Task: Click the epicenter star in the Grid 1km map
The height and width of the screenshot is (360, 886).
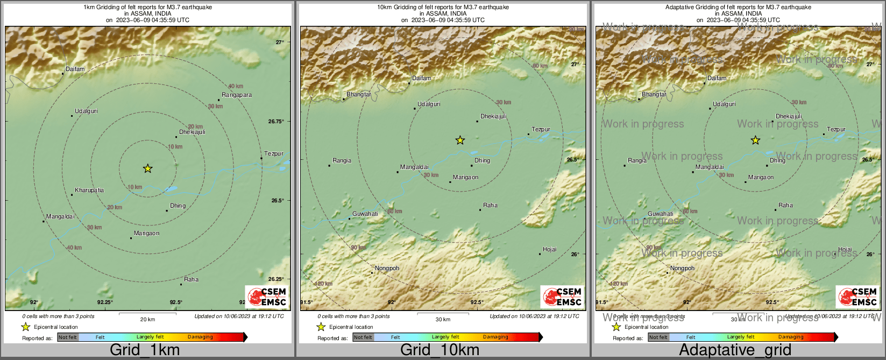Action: pyautogui.click(x=148, y=168)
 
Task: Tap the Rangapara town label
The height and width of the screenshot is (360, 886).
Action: pyautogui.click(x=237, y=95)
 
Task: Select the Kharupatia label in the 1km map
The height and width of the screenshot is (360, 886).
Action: pyautogui.click(x=89, y=190)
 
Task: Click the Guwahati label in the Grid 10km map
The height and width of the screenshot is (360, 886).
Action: pyautogui.click(x=365, y=214)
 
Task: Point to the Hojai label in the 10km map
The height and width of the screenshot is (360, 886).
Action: pyautogui.click(x=549, y=250)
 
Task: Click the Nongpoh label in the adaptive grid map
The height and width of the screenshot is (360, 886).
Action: pyautogui.click(x=682, y=269)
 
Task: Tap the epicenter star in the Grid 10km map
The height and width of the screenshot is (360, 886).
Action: pyautogui.click(x=460, y=140)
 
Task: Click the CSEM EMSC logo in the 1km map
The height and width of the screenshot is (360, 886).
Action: pyautogui.click(x=267, y=297)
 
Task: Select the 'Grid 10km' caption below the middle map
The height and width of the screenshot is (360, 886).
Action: pyautogui.click(x=440, y=350)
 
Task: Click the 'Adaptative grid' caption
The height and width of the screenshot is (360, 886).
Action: pyautogui.click(x=735, y=350)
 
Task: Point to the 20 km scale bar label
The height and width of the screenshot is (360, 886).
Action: pyautogui.click(x=147, y=320)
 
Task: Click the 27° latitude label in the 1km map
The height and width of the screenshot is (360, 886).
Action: pyautogui.click(x=280, y=43)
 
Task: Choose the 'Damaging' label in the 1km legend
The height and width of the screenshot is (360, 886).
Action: pyautogui.click(x=200, y=337)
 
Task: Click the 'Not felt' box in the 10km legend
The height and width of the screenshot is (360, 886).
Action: pyautogui.click(x=363, y=337)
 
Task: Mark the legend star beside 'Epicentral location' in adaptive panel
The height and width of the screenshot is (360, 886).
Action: pyautogui.click(x=616, y=327)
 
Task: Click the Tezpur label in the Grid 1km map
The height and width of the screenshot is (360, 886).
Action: pyautogui.click(x=274, y=154)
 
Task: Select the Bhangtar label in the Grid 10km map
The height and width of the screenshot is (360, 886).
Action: pyautogui.click(x=359, y=95)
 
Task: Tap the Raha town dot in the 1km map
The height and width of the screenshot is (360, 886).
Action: pyautogui.click(x=181, y=284)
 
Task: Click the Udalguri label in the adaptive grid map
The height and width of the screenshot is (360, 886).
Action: pyautogui.click(x=724, y=104)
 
